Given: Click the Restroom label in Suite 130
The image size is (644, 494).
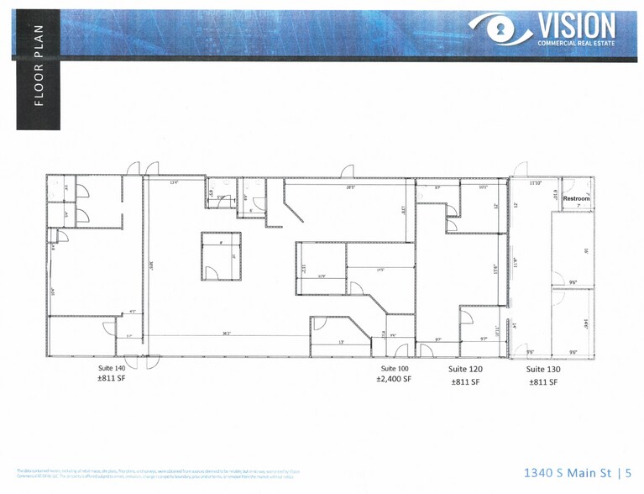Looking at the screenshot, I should (576, 198).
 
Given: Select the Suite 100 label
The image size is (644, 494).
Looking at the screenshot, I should (395, 369).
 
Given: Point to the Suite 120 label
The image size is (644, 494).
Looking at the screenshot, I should (465, 369).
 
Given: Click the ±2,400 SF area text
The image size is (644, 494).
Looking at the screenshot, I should (394, 380).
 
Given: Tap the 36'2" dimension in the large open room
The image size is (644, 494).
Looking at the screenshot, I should (228, 334).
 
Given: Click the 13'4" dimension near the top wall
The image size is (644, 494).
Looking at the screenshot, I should (175, 181).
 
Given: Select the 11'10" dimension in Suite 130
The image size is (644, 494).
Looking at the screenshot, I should (535, 182).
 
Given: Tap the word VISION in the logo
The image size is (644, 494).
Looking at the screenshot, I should (576, 26).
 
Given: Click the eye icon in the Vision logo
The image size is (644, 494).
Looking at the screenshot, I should (501, 29).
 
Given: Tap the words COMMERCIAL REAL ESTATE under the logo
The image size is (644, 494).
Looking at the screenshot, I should (576, 44).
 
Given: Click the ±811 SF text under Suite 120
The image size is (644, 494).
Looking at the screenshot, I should (465, 381).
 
